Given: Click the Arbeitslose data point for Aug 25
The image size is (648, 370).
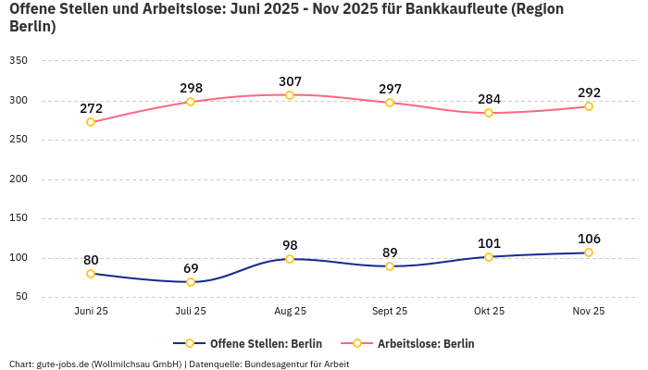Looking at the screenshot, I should [290, 95].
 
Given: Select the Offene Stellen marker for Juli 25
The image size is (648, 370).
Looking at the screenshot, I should [191, 282].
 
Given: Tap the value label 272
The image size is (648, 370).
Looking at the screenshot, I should [91, 108].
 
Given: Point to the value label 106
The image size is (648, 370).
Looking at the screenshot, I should [589, 239].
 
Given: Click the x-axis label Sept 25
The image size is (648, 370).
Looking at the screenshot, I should [390, 312].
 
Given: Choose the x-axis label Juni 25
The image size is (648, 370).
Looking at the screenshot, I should [91, 312].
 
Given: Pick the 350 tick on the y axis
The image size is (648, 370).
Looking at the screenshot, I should [19, 61].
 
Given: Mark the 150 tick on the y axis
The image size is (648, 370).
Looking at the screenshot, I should [19, 219].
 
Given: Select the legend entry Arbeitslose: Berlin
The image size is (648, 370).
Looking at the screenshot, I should [426, 344].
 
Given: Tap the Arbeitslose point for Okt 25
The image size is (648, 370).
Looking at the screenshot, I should [489, 113].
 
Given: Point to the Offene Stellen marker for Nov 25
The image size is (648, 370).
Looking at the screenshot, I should [589, 253].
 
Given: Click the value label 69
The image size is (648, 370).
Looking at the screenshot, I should [191, 268].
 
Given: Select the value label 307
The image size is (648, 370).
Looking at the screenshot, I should [290, 81].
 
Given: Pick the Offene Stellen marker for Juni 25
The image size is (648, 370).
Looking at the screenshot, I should [91, 274].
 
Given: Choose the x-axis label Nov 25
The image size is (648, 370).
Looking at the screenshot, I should [589, 312].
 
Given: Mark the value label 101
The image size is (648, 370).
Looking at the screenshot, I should [489, 243].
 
